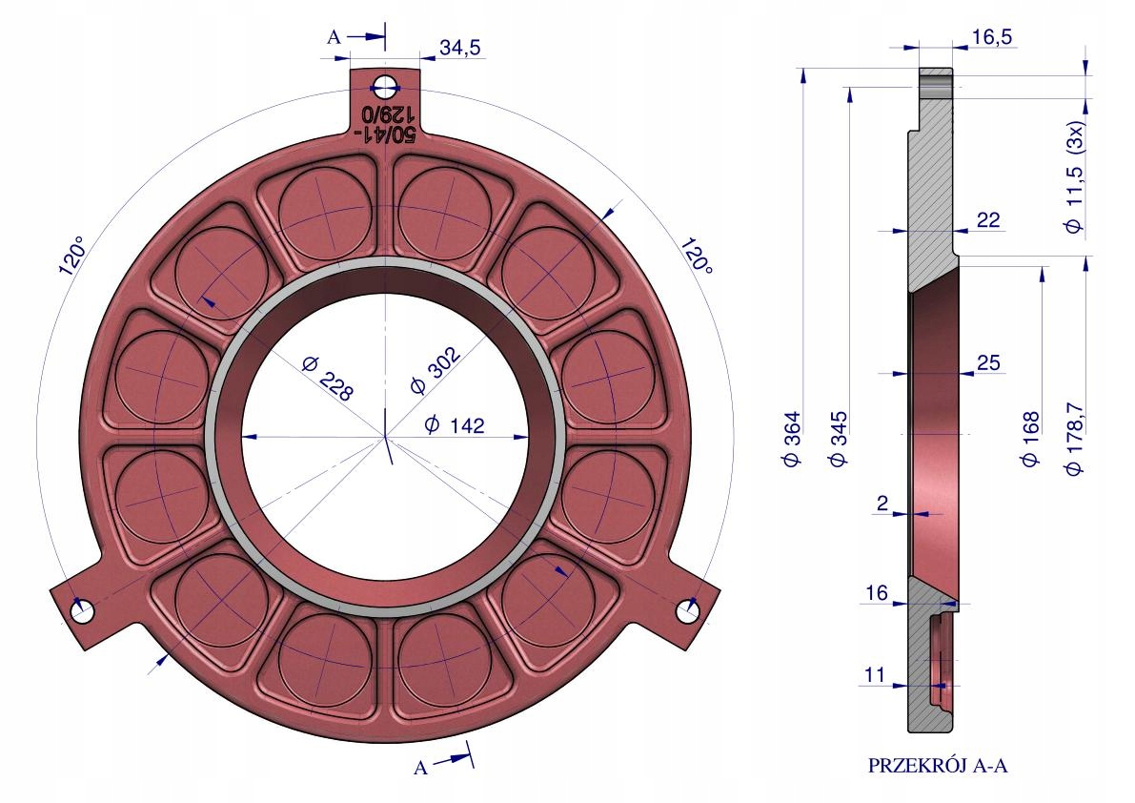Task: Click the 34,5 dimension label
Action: pos(459,48)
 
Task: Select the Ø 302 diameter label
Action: pos(435,370)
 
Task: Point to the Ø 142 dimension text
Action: pos(454,424)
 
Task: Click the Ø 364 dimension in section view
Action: pos(793,439)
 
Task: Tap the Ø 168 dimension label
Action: pos(1030,439)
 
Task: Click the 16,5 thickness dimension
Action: pos(992,36)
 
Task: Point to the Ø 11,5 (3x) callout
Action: pos(1075,175)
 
